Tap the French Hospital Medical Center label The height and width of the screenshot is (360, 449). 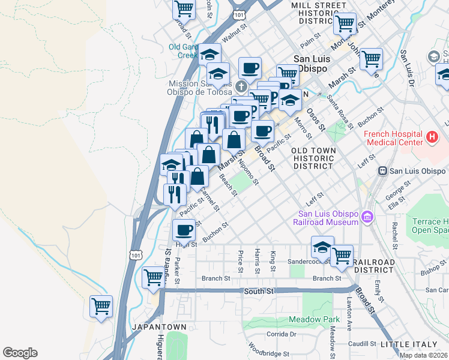point(392,137)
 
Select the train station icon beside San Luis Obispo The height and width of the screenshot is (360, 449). point(382,171)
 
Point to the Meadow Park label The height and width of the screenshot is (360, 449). point(314,320)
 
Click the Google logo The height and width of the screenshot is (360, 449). point(20,353)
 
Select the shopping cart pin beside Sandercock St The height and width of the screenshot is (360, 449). point(342,256)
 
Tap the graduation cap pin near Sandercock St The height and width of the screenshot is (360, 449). point(322,247)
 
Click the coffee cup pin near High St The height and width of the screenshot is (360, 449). point(184,229)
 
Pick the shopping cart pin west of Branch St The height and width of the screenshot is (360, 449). point(154,277)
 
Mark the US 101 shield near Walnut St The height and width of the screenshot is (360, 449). point(240,13)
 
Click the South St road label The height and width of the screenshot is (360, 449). point(259,291)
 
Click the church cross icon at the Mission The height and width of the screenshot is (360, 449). point(241,86)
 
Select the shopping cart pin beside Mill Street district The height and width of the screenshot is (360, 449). point(345,23)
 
